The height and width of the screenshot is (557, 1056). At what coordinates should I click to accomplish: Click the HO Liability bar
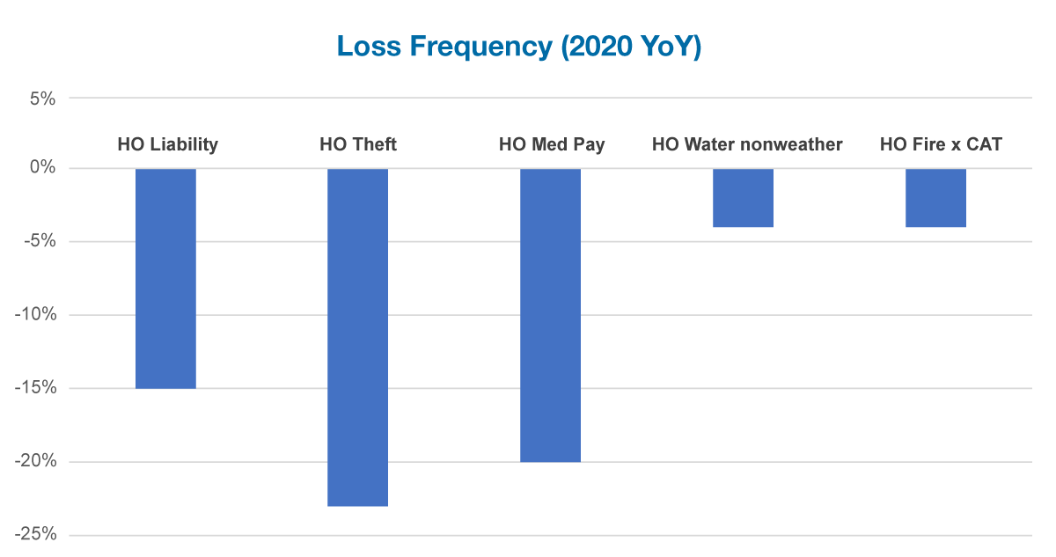click(166, 278)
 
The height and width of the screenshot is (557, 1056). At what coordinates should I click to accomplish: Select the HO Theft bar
click(357, 337)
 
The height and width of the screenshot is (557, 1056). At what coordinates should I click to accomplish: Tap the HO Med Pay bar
click(550, 315)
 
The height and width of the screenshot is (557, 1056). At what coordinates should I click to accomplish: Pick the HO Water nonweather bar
click(743, 198)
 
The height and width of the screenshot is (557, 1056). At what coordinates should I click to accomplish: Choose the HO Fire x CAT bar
click(935, 198)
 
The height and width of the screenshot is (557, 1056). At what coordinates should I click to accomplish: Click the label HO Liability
click(167, 144)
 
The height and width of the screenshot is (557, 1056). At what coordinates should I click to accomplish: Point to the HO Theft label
click(358, 144)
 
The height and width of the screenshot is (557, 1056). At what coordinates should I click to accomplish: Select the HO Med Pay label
click(552, 144)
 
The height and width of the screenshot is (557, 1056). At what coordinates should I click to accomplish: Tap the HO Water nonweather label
click(747, 144)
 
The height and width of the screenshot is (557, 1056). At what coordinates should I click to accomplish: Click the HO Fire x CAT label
click(941, 144)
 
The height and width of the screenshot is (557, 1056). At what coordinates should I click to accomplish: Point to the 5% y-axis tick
click(42, 99)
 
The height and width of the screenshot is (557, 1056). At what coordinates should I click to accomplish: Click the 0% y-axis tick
click(42, 168)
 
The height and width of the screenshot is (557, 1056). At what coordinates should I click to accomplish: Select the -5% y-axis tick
click(39, 241)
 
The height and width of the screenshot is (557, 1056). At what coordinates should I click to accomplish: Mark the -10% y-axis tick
click(35, 315)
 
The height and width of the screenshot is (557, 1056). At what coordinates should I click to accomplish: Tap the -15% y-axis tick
click(35, 388)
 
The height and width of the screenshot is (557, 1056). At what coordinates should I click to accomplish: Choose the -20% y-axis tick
click(35, 462)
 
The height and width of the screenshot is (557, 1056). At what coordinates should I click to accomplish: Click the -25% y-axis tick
click(35, 535)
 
